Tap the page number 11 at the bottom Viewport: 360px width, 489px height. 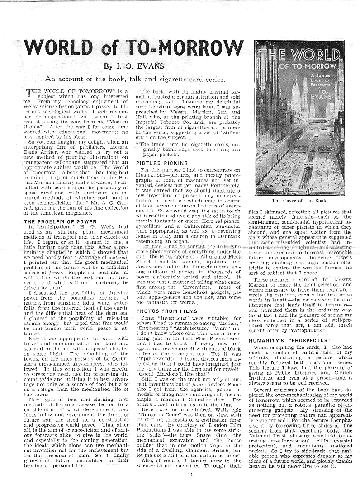coord(190,474)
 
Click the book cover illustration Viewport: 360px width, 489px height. coord(299,118)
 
